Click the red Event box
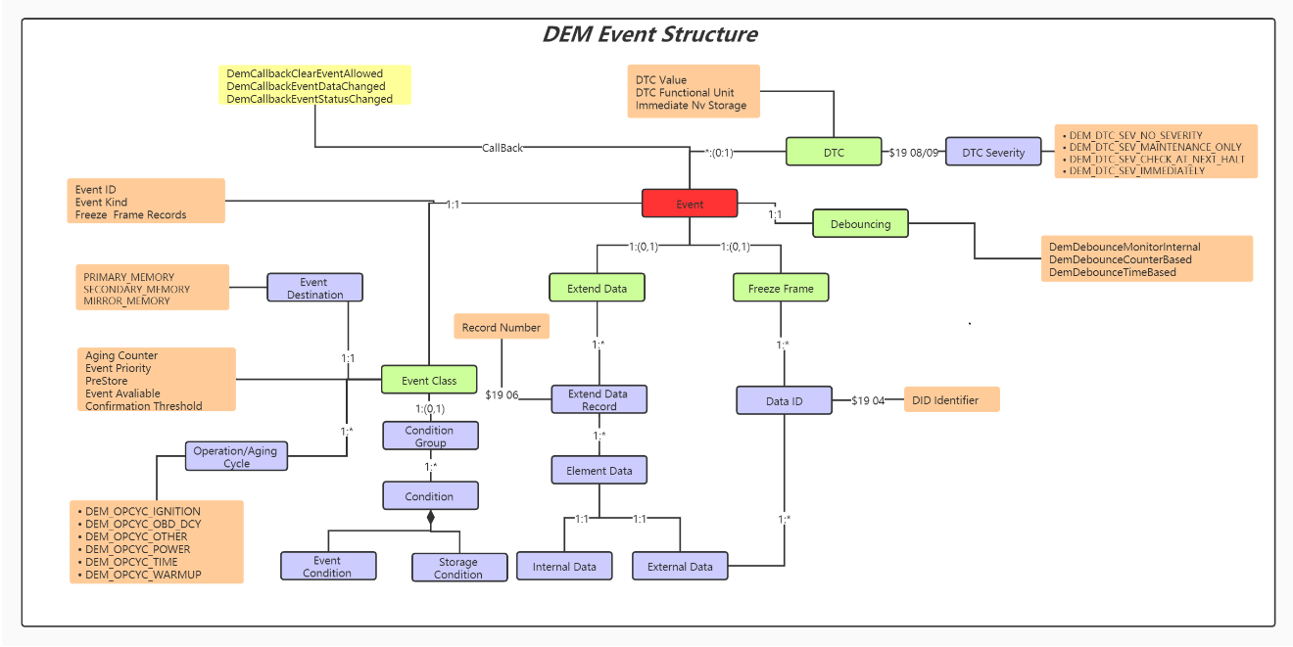(689, 204)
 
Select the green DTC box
(833, 152)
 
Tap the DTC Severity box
(993, 152)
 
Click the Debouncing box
(860, 223)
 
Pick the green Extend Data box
(597, 288)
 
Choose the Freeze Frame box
(781, 288)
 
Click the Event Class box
(429, 380)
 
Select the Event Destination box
(314, 288)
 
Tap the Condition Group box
(429, 436)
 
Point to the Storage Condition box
(458, 568)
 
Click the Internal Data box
(564, 566)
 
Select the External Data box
(680, 566)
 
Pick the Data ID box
(784, 400)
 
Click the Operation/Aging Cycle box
(235, 456)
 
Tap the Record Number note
(501, 327)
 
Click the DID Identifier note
(950, 399)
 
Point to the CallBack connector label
(503, 148)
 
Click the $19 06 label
(502, 394)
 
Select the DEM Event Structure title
(649, 34)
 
